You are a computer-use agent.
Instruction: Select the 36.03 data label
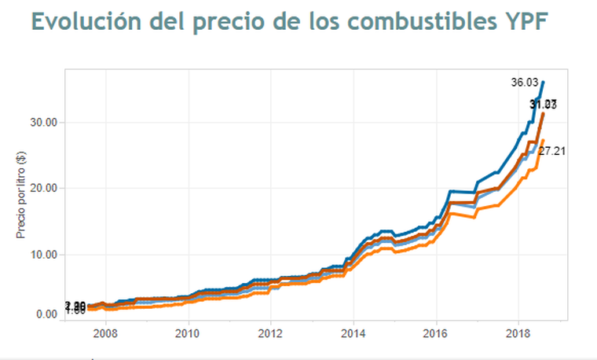pos(524,82)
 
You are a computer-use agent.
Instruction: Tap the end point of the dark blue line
pos(544,82)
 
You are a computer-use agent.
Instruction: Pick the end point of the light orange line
pos(543,141)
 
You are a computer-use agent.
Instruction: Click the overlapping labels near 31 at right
pos(544,105)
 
